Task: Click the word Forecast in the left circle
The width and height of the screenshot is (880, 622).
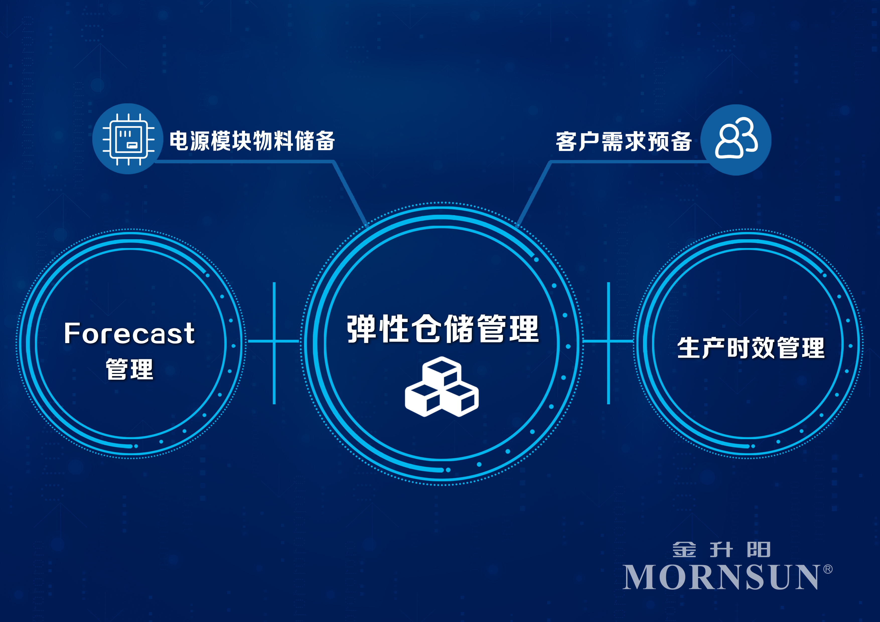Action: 129,333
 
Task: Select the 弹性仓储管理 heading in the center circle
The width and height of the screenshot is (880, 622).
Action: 443,329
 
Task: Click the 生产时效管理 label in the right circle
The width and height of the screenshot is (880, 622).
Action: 751,348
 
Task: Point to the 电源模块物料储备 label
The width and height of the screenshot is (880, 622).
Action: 252,141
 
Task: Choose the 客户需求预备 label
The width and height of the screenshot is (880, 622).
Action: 624,141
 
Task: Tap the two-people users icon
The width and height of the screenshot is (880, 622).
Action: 736,138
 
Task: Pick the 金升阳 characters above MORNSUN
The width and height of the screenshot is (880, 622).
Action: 721,550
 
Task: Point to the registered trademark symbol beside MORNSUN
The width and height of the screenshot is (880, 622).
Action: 828,569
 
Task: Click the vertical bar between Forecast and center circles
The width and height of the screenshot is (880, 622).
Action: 274,343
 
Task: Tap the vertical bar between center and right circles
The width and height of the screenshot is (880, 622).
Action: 609,343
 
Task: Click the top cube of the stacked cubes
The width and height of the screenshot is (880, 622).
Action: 442,372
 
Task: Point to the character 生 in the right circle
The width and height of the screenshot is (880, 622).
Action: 689,348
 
